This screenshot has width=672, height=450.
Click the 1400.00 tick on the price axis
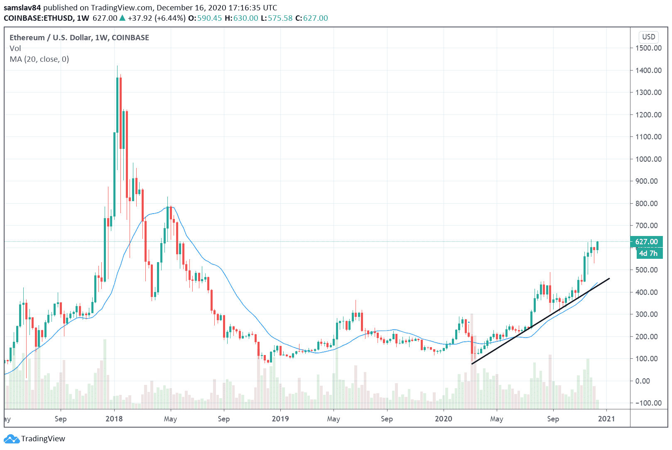point(648,71)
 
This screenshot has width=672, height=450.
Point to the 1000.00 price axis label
point(648,159)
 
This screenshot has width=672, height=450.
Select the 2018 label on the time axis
point(114,419)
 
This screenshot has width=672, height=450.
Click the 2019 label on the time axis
point(280,419)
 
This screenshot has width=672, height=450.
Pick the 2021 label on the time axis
point(606,419)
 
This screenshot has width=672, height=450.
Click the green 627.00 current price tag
point(646,242)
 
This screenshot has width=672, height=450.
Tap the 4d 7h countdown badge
point(648,253)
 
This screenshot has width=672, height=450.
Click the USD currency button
point(648,37)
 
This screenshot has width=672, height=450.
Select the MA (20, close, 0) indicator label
point(39,59)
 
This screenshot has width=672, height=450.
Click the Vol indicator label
point(15,49)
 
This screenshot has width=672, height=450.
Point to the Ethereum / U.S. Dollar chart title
point(79,38)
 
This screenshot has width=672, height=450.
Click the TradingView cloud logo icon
point(11,439)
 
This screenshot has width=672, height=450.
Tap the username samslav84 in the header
point(22,8)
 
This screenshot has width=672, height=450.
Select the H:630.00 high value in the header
point(241,18)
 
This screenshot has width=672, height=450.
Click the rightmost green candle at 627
point(597,246)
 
